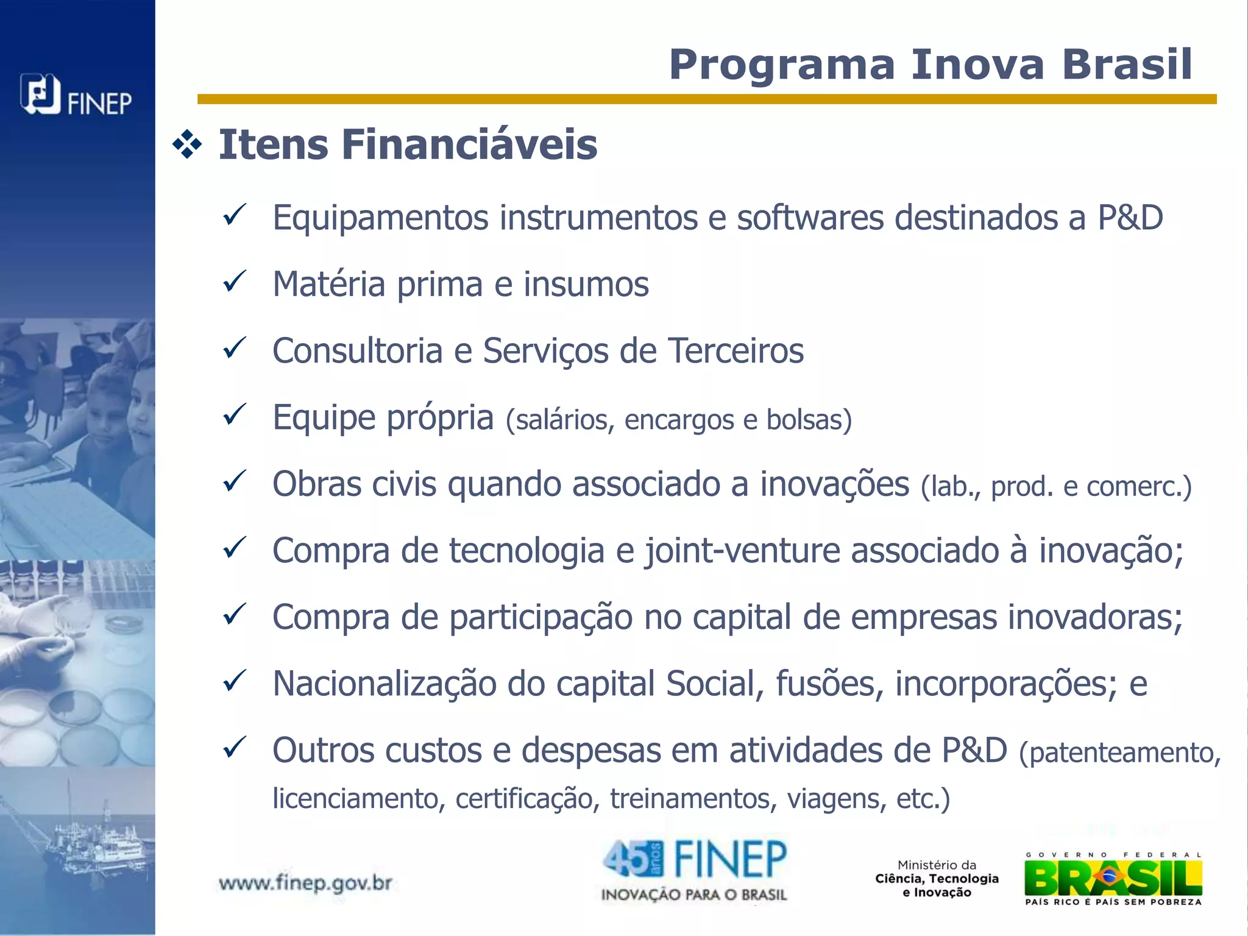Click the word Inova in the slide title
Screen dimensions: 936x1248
[x=977, y=65]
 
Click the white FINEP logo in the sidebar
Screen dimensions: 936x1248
[x=76, y=96]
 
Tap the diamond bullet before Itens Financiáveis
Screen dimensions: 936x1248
[x=187, y=146]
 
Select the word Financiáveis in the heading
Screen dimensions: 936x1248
[x=469, y=146]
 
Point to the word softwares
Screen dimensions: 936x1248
[x=810, y=218]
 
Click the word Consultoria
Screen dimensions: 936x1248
[x=357, y=351]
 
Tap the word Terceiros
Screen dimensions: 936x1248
[x=736, y=351]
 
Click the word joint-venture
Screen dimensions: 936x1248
[x=742, y=551]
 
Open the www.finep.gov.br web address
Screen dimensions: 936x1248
[x=305, y=883]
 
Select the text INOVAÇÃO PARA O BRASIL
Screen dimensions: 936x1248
[x=693, y=895]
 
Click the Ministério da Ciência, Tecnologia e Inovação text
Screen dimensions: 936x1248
[x=937, y=879]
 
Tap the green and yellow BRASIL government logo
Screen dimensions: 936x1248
[x=1113, y=879]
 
